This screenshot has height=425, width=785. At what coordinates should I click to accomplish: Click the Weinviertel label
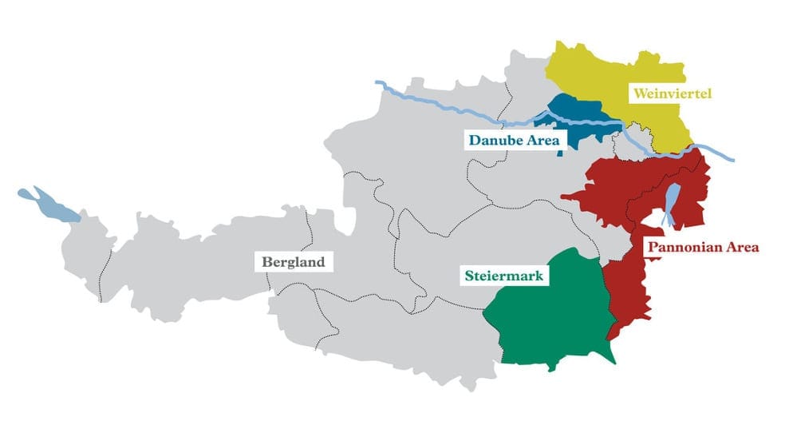pyautogui.click(x=672, y=94)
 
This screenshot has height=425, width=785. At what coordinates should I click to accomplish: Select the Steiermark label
pyautogui.click(x=503, y=276)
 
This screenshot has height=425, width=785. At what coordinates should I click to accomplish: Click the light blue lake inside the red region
pyautogui.click(x=673, y=204)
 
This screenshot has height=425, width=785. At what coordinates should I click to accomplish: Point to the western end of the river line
pyautogui.click(x=378, y=83)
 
